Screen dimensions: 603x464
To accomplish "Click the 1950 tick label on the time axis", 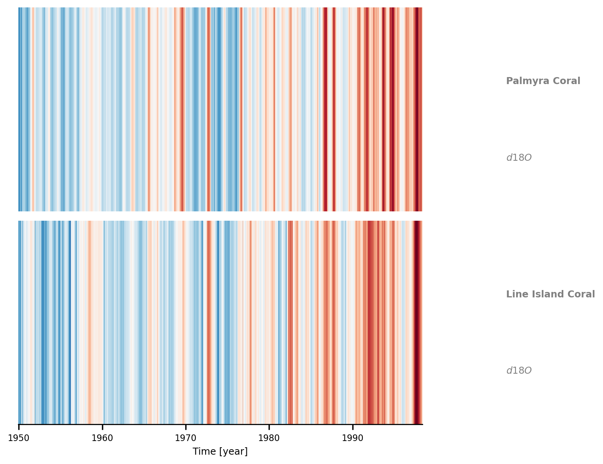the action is point(19,438).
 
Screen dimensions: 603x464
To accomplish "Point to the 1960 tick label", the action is point(102,438).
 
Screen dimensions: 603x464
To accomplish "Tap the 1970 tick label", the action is point(186,438).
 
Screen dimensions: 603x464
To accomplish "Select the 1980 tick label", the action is point(269,438).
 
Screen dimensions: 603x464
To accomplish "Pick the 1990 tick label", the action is point(352,438).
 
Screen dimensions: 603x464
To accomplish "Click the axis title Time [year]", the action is point(220,452).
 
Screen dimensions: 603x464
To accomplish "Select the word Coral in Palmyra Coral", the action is point(566,81).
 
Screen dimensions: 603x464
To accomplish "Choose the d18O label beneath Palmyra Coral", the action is point(519,158).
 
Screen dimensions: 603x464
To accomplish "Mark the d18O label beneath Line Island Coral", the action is point(519,370).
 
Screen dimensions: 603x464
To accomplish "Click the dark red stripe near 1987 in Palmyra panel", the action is point(325,109).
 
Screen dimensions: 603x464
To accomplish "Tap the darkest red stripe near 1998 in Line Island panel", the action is point(417,322).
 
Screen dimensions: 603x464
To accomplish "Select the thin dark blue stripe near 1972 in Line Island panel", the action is point(202,322).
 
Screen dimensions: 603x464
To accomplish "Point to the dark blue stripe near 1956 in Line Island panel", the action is point(70,322).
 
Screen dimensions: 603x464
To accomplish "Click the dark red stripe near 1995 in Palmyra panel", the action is point(392,109).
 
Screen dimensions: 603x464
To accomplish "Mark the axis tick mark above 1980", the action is point(269,427).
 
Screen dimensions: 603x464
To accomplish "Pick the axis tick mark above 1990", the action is point(352,427).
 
